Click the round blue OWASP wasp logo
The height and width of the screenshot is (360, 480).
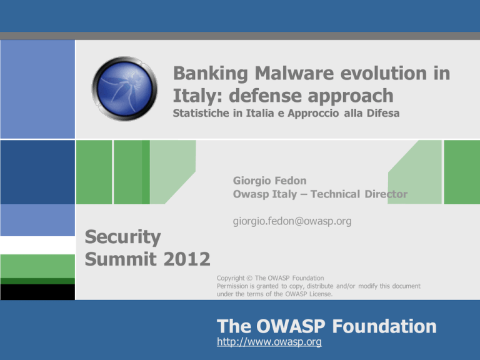pos(124,89)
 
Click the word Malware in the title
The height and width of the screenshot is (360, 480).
pos(294,74)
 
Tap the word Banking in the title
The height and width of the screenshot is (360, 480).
pos(211,74)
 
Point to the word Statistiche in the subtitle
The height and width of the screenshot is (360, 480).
pos(201,113)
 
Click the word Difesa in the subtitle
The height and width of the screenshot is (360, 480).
pos(383,113)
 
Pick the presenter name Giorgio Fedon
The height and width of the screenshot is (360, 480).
pos(270,181)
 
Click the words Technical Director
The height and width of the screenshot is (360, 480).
pos(359,194)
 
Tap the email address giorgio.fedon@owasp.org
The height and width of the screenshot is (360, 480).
pos(292,221)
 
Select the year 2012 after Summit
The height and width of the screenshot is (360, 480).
pos(187,259)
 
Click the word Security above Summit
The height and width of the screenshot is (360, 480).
pos(122,237)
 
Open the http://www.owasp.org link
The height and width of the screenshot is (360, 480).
pos(269,342)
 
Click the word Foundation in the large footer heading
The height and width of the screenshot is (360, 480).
pos(384,326)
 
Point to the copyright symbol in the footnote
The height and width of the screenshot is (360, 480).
pos(249,278)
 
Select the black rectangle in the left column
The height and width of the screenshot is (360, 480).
pos(37,292)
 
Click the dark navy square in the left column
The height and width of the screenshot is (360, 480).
pos(37,172)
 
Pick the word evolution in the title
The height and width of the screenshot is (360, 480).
pos(384,74)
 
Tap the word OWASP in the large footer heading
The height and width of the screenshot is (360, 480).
pos(291,326)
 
